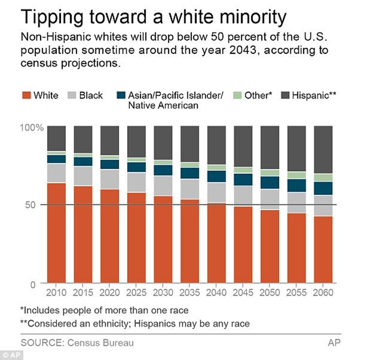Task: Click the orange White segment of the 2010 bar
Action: coord(57,233)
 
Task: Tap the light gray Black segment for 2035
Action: coord(189,189)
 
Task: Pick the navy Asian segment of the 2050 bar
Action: coord(269,183)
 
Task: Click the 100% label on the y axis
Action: coord(31,128)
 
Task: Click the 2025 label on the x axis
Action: coord(136,293)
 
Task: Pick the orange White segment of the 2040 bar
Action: coord(216,243)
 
